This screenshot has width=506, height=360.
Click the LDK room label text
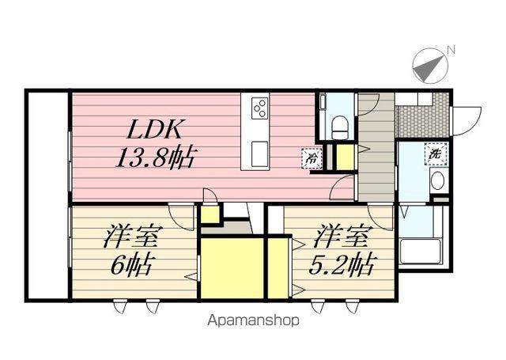153,129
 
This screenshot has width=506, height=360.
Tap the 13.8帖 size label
155,157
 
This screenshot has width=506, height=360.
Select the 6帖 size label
130,265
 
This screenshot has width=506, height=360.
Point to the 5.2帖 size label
342,264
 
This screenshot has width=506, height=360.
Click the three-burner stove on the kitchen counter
259,108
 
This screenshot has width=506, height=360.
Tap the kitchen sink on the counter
259,153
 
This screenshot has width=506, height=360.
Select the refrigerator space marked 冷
312,158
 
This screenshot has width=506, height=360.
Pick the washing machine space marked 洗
436,154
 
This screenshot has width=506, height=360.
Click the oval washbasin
437,180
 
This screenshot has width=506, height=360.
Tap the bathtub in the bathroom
420,252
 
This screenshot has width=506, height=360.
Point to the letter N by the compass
451,50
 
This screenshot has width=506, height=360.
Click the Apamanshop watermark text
253,320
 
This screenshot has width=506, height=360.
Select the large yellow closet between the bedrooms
232,268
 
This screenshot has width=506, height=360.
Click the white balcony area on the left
47,195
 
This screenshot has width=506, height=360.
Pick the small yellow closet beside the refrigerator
345,157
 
